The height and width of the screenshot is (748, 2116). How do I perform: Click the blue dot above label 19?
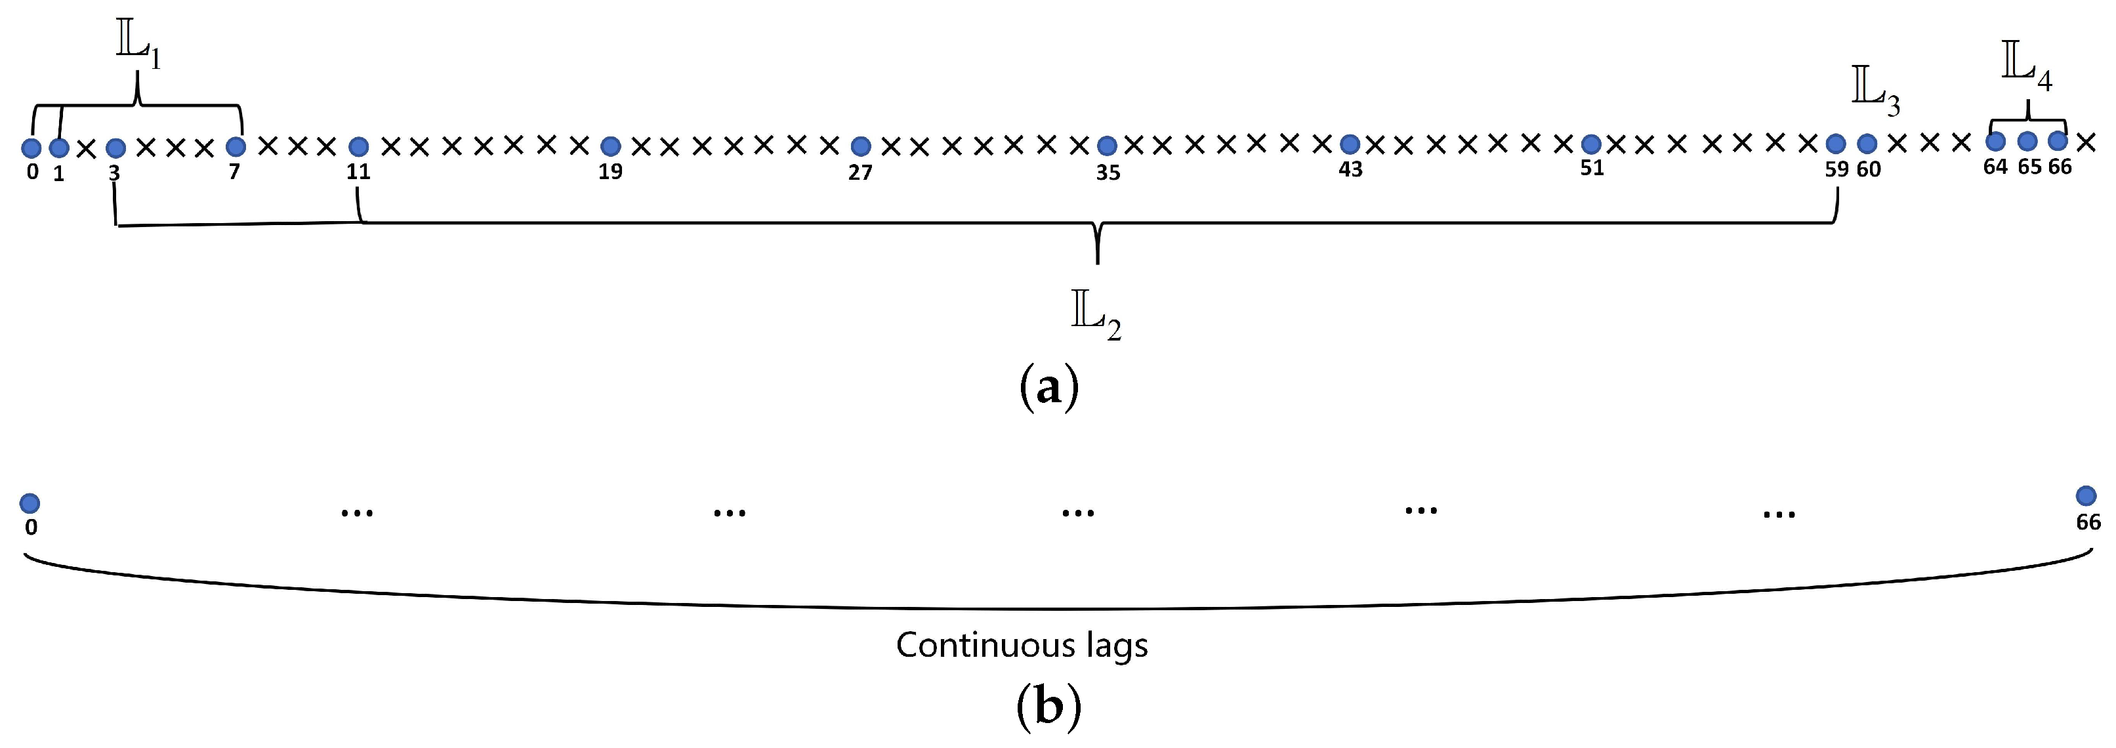pyautogui.click(x=610, y=146)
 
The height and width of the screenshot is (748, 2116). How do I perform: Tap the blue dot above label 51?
pyautogui.click(x=1591, y=144)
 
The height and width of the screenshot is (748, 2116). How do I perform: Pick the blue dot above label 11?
pyautogui.click(x=358, y=147)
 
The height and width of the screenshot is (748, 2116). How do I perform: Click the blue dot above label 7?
pyautogui.click(x=236, y=147)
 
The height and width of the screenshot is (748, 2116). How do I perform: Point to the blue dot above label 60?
pyautogui.click(x=1867, y=144)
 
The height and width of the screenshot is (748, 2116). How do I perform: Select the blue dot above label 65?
pyautogui.click(x=2027, y=141)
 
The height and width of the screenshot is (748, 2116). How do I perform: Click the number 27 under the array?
pyautogui.click(x=860, y=173)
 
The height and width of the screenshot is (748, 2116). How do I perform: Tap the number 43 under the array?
pyautogui.click(x=1350, y=170)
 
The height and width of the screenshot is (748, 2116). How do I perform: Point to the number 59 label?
pyautogui.click(x=1836, y=169)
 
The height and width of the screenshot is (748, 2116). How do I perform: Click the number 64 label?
pyautogui.click(x=1995, y=167)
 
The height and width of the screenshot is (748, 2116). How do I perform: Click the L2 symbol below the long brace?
pyautogui.click(x=1096, y=317)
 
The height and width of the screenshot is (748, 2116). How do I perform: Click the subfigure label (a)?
pyautogui.click(x=1048, y=386)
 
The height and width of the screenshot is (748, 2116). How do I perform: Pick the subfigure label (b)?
pyautogui.click(x=1048, y=706)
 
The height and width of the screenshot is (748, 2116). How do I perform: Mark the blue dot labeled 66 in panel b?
pyautogui.click(x=2086, y=496)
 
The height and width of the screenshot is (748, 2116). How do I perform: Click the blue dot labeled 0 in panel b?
pyautogui.click(x=30, y=503)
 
